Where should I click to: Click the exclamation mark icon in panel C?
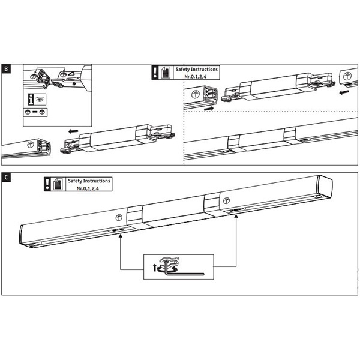click(x=46, y=184)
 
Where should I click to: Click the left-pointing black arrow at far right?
click(x=342, y=93)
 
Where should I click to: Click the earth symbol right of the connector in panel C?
click(x=226, y=200)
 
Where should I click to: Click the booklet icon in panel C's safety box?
click(x=58, y=184)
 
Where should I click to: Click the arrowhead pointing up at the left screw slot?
click(x=121, y=236)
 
